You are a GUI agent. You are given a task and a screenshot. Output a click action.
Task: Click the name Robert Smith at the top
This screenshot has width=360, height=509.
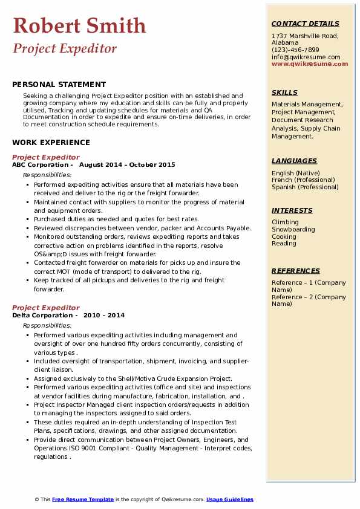coord(79,25)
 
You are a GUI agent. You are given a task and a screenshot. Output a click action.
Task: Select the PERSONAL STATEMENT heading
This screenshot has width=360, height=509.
coord(59,85)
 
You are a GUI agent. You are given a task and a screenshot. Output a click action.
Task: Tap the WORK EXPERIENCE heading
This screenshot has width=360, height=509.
coord(51,143)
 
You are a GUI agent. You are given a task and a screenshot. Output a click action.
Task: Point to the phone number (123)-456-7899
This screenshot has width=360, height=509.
coord(295,50)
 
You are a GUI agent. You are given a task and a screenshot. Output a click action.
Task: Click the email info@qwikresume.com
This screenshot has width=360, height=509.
coord(306,57)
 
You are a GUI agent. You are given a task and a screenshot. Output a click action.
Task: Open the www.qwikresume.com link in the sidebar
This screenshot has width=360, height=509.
coord(306,63)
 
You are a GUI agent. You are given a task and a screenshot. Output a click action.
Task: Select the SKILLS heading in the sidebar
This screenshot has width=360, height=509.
coord(284,92)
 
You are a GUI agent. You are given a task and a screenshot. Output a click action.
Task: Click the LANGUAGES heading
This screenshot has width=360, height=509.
coord(294,161)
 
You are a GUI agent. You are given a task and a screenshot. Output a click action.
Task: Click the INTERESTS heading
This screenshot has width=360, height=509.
coord(292,210)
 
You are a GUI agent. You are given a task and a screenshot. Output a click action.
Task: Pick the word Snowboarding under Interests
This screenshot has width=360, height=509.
coord(293,230)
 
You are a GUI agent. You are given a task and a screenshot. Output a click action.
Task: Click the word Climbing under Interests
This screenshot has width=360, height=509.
coord(284,222)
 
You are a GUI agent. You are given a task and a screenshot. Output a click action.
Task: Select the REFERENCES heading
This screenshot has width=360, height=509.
coord(296,271)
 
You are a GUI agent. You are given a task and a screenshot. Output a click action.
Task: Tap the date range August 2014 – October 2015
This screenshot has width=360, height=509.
coord(127,164)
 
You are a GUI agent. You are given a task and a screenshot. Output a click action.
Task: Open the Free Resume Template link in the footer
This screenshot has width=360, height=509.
coord(83,499)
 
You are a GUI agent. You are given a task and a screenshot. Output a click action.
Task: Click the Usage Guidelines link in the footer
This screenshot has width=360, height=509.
coord(230,499)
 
